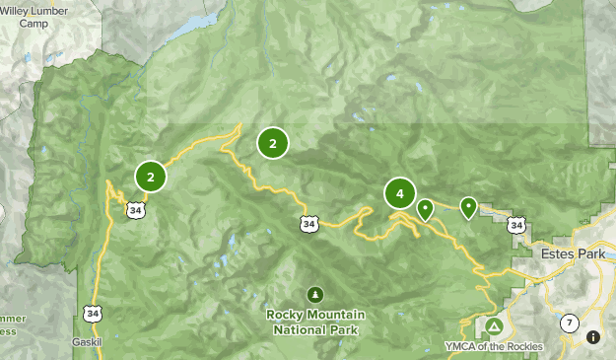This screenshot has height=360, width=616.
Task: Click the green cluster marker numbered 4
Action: [399, 194]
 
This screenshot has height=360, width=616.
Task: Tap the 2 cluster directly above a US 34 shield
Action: [151, 178]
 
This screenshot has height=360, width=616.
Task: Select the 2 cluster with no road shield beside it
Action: [272, 144]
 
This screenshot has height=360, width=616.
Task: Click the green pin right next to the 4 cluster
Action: [425, 209]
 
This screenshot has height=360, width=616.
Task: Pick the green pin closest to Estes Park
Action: [468, 207]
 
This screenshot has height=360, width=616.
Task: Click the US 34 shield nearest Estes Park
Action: [516, 226]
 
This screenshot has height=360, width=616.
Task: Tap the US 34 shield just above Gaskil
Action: [93, 313]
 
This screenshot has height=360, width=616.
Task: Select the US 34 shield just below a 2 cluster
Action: [135, 209]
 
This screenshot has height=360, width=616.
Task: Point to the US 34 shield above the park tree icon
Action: [309, 225]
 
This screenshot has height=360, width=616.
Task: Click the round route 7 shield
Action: [569, 323]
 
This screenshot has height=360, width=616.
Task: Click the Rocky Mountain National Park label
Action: [315, 322]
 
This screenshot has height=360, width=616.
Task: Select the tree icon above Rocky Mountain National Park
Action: [315, 294]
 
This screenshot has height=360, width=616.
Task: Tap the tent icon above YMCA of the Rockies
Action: [494, 325]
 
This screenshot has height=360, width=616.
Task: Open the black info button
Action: [593, 337]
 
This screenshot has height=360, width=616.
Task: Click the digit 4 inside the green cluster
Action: [399, 194]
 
